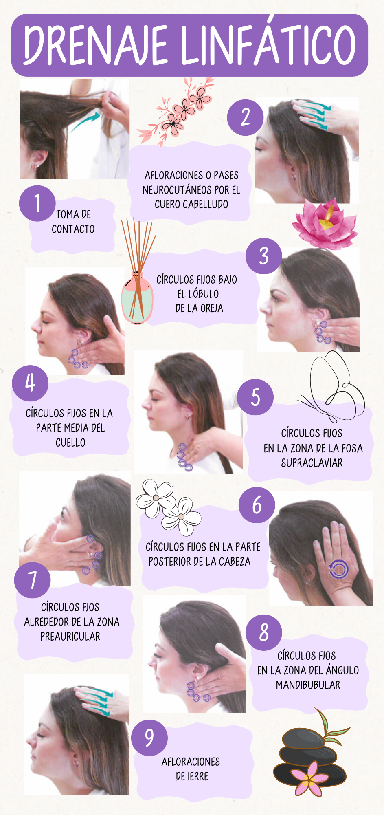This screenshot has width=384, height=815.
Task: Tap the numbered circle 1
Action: (x=37, y=203)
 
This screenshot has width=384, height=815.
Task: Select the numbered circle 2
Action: (x=245, y=117)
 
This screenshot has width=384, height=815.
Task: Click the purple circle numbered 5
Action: (x=255, y=397)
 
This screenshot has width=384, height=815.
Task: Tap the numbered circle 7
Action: (x=32, y=580)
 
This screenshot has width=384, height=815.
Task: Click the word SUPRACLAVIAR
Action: (x=312, y=463)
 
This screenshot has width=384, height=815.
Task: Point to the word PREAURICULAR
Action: (x=70, y=637)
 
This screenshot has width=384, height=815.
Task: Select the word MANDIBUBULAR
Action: (x=308, y=685)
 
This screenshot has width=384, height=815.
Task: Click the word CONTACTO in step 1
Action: (x=73, y=229)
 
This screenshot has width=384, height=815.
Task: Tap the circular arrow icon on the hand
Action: (x=338, y=569)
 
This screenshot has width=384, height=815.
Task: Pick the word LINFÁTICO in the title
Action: (x=269, y=43)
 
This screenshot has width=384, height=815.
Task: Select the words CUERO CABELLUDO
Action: (x=191, y=204)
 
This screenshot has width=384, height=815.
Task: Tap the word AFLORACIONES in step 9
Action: (x=191, y=762)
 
